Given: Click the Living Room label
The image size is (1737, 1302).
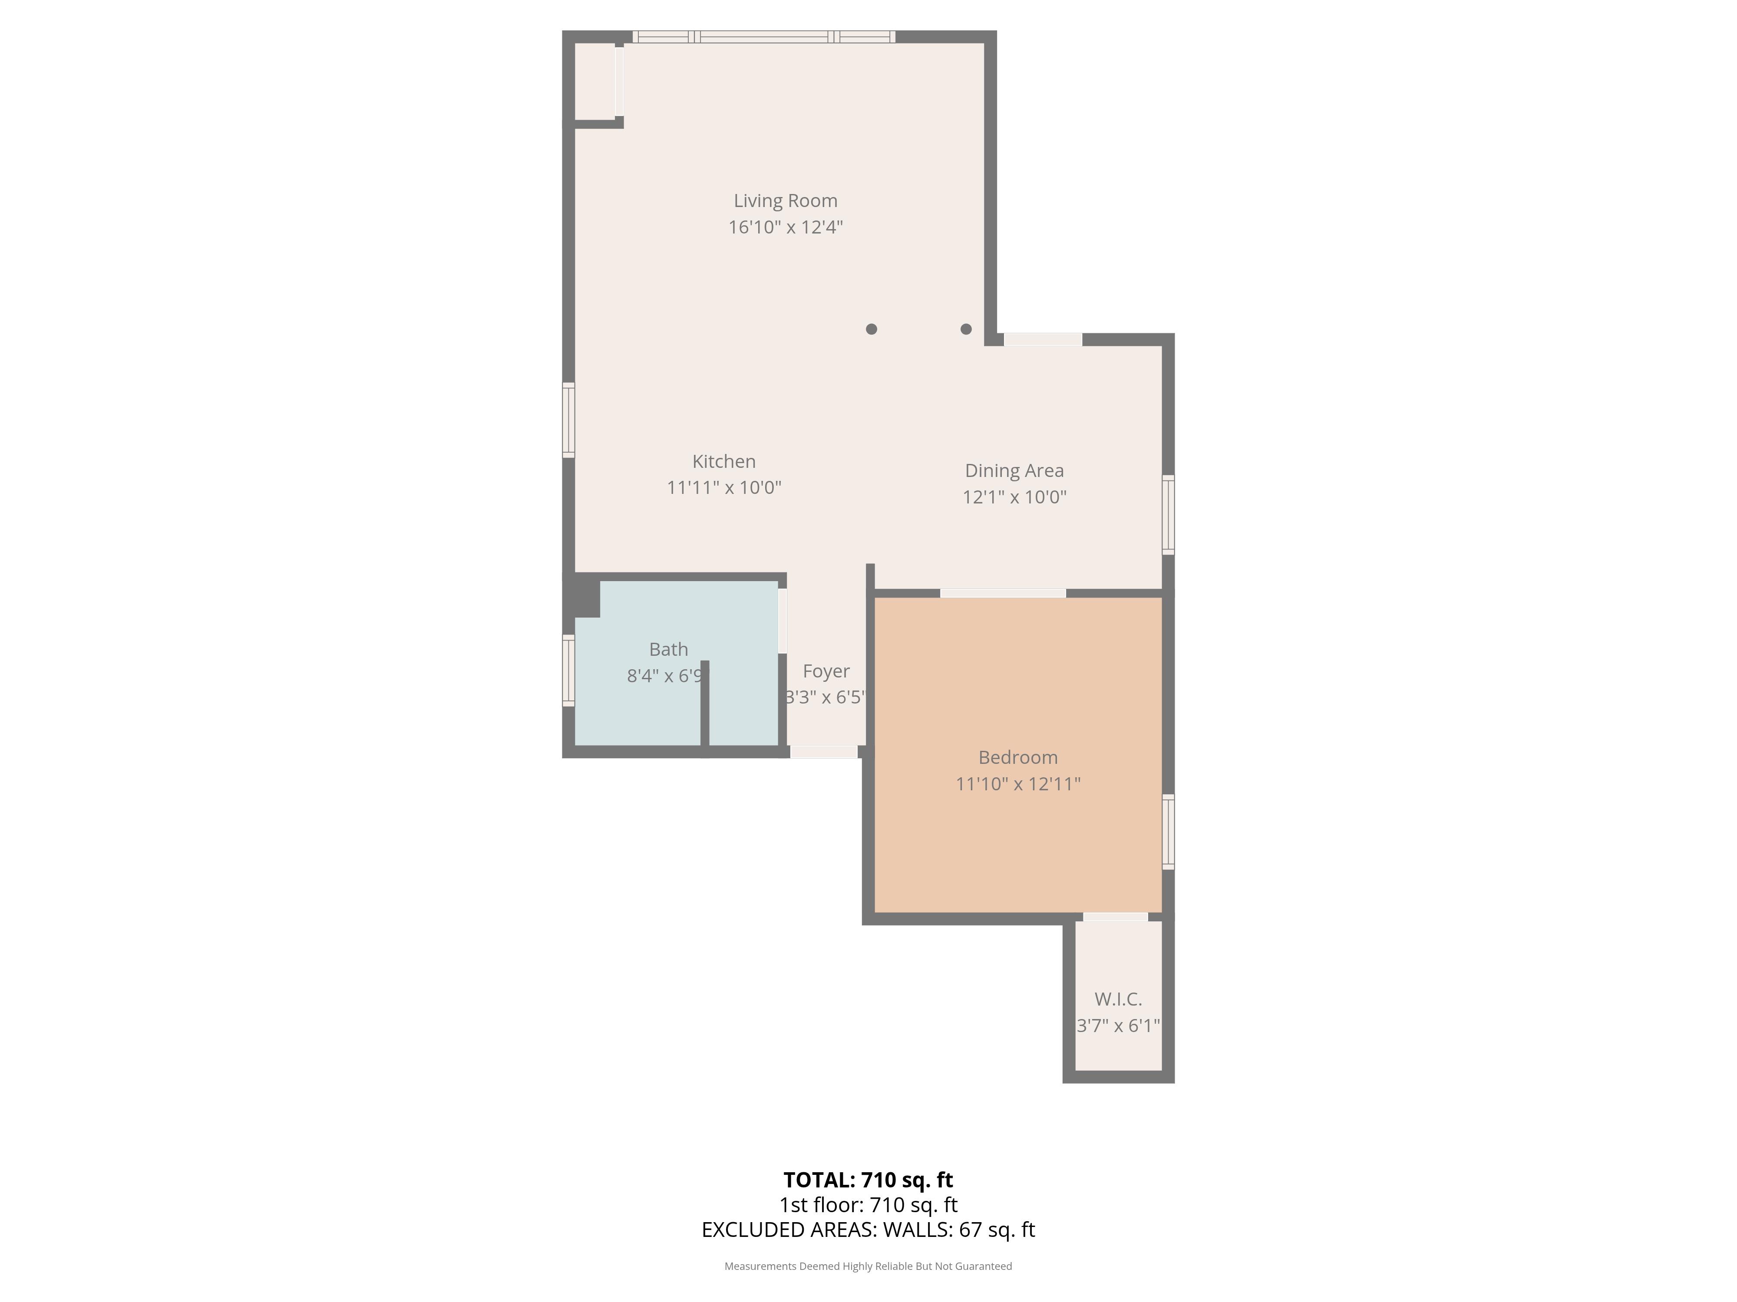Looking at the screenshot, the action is [785, 201].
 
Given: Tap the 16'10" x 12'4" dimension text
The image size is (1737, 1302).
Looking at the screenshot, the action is [785, 227].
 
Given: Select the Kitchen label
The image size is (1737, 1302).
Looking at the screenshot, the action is [724, 461].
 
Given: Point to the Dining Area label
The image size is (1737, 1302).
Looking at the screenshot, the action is [1014, 471].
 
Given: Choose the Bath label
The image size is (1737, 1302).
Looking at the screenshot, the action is [668, 650].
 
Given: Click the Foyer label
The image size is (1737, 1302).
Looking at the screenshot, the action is [826, 672].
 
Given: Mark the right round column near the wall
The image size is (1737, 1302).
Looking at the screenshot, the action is [966, 329].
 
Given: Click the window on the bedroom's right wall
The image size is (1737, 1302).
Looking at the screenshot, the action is [1169, 832].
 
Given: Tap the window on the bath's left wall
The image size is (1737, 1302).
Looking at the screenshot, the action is [568, 670].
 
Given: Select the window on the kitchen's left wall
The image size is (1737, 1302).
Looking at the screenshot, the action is [568, 420].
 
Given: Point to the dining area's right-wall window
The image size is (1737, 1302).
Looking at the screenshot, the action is [1169, 515].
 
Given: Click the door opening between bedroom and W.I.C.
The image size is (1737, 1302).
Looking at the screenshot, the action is [1115, 917].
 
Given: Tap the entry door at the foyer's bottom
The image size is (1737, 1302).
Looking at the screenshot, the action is [824, 752].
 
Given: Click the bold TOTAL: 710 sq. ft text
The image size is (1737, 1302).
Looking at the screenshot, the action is [868, 1180].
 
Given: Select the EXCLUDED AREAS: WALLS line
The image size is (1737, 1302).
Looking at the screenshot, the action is [868, 1230].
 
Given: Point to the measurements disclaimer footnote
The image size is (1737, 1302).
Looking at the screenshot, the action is [868, 1266].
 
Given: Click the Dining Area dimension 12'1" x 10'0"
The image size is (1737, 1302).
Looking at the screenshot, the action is [1014, 497].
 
